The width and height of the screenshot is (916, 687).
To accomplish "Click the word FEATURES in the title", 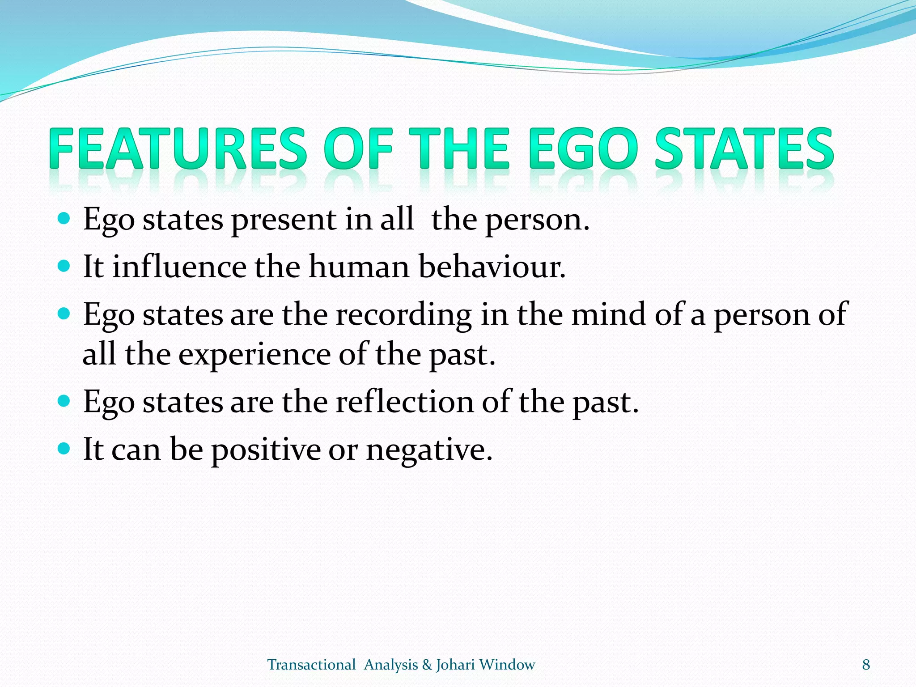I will click(x=178, y=148).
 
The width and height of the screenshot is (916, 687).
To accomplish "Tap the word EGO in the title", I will click(x=583, y=148).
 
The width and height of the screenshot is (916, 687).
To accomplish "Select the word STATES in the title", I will click(x=744, y=148).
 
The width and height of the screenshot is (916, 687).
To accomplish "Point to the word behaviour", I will click(x=492, y=267).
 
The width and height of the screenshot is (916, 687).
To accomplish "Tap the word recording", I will click(x=403, y=314).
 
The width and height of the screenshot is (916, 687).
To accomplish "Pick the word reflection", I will click(x=404, y=402).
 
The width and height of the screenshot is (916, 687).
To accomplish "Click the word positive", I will click(x=266, y=450).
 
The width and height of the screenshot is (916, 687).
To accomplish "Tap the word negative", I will click(x=429, y=450).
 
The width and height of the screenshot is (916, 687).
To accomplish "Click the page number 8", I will click(x=866, y=665).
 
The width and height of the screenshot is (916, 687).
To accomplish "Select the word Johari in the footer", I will click(x=455, y=665).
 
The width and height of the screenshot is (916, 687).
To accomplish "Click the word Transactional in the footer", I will click(x=311, y=665).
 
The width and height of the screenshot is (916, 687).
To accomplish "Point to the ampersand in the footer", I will click(x=427, y=665).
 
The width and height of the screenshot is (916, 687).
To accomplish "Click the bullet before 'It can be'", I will click(x=64, y=448).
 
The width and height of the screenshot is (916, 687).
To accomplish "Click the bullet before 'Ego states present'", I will click(x=64, y=219).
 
